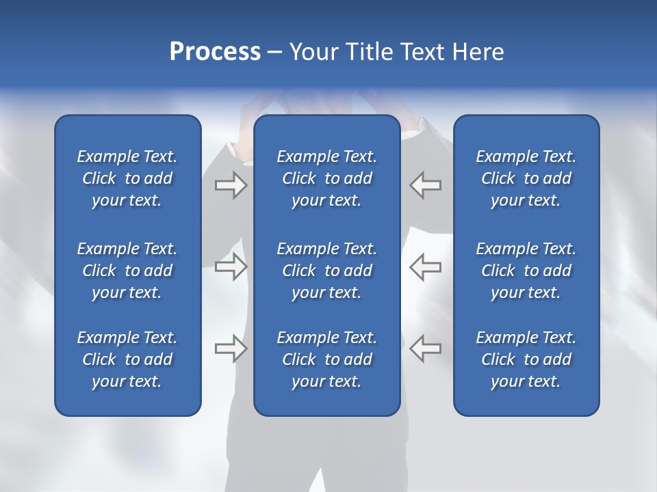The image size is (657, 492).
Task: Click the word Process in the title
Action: click(215, 52)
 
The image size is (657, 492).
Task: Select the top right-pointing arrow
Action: click(231, 185)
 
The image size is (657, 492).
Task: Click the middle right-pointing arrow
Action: click(231, 266)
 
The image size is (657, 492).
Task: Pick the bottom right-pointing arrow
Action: click(231, 348)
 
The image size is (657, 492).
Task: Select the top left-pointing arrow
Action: click(425, 185)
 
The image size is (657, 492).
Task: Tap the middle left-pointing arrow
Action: click(425, 266)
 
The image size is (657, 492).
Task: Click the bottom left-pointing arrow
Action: click(425, 348)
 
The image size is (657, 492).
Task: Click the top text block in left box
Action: click(127, 178)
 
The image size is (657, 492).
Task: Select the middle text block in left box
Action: click(127, 271)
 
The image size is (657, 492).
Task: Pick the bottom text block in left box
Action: click(127, 359)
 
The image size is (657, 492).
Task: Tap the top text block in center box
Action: click(326, 178)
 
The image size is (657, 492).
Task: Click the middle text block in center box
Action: click(326, 271)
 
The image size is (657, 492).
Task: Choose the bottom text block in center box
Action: click(326, 359)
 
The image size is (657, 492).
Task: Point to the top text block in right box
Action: click(526, 178)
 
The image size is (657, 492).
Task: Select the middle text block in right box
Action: click(526, 271)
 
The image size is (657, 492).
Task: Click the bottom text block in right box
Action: click(526, 359)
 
